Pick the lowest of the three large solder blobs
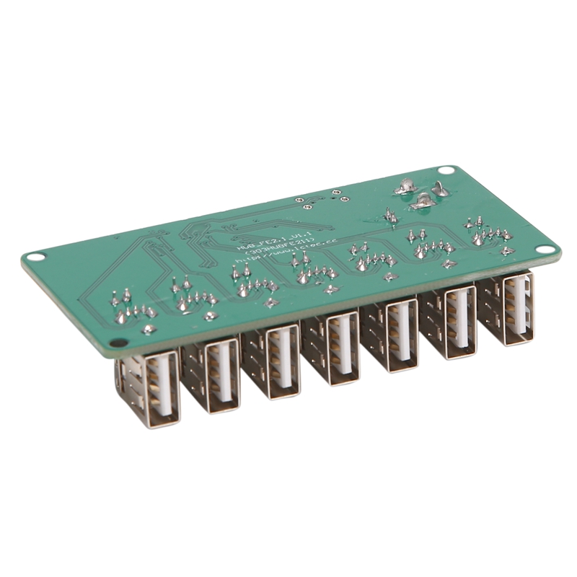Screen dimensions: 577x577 (422, 203)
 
